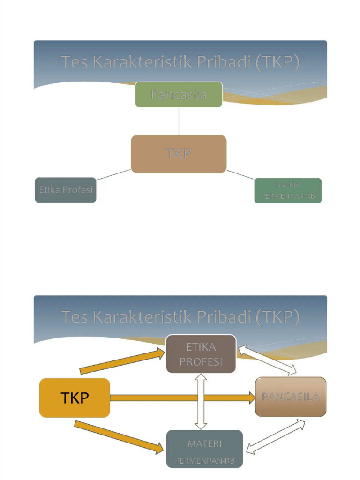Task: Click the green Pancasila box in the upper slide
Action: pos(179,94)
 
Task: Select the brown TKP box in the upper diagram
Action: pos(179,154)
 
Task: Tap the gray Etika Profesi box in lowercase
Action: pos(66,190)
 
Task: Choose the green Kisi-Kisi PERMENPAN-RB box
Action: pos(288,190)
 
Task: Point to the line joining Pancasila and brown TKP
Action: pos(179,121)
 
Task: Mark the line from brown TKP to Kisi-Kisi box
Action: pos(240,174)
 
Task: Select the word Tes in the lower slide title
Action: pos(75,317)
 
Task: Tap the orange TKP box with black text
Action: pos(75,397)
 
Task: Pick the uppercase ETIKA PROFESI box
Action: pos(201,354)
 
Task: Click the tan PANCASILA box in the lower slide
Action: pos(291,397)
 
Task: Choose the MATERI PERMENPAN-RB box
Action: pos(205,449)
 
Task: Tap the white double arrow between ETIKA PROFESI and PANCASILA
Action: pos(268,360)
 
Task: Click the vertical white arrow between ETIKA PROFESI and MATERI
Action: pos(201,401)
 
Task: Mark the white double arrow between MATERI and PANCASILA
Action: pos(276,436)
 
